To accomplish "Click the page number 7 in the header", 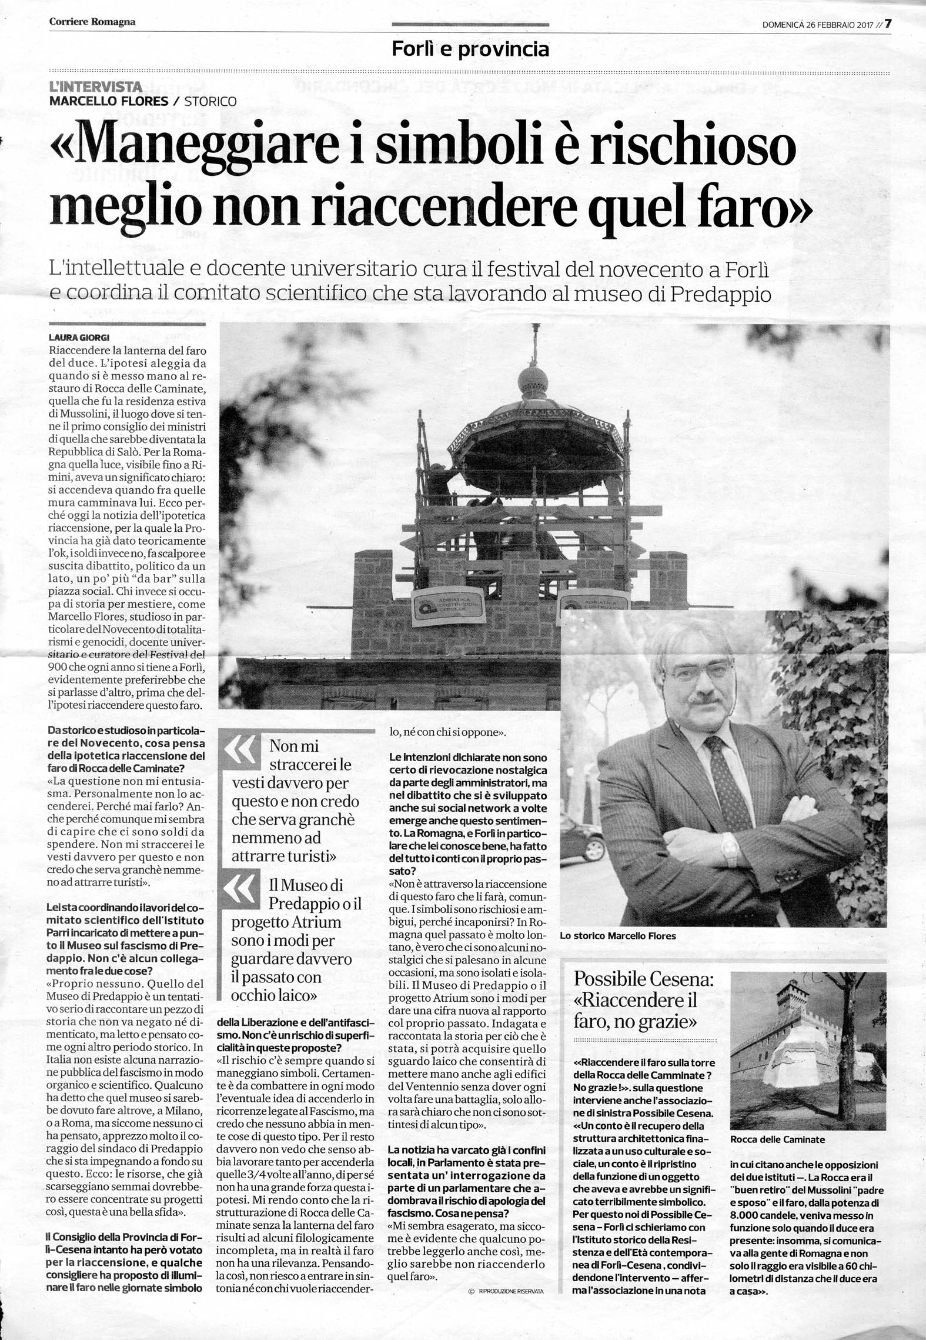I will [888, 24].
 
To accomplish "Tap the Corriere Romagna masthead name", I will [92, 22].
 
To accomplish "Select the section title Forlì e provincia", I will [470, 49].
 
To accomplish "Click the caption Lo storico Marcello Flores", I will [618, 935].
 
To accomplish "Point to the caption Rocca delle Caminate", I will [777, 1139].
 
